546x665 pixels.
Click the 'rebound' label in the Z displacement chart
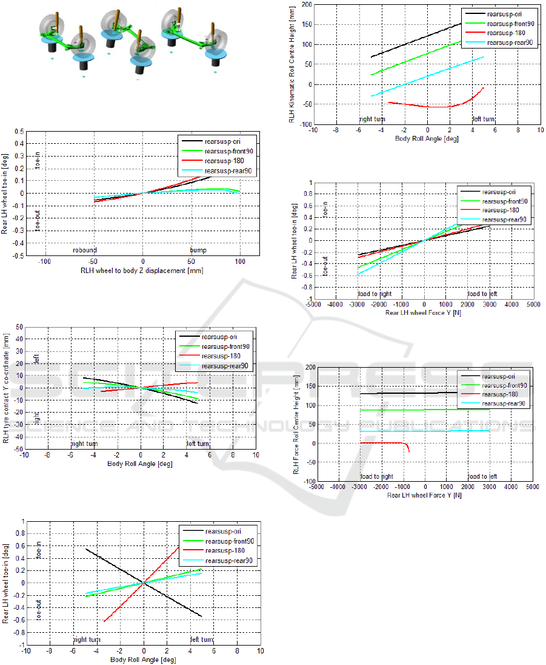pyautogui.click(x=85, y=249)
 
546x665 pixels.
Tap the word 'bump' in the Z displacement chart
pyautogui.click(x=198, y=249)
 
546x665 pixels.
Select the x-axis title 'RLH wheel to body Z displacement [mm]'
pyautogui.click(x=142, y=271)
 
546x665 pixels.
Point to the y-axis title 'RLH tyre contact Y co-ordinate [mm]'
pyautogui.click(x=6, y=388)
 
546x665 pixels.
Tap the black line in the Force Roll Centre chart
pyautogui.click(x=412, y=393)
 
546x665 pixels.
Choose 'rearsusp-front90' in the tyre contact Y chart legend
pyautogui.click(x=228, y=346)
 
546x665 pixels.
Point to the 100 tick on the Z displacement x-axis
pyautogui.click(x=241, y=262)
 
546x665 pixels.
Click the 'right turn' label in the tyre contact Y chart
pyautogui.click(x=84, y=444)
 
